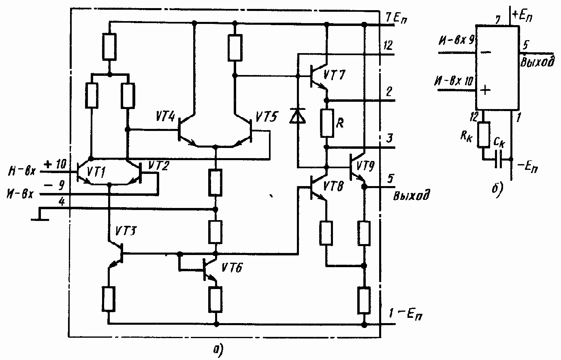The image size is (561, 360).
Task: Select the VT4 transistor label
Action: click(165, 118)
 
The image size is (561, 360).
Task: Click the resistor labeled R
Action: click(326, 123)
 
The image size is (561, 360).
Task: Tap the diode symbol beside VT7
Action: click(298, 116)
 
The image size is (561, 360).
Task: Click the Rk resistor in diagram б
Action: click(484, 135)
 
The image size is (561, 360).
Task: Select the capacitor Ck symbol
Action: click(500, 160)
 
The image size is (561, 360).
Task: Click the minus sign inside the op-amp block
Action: click(487, 52)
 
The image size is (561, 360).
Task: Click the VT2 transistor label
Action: click(158, 165)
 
